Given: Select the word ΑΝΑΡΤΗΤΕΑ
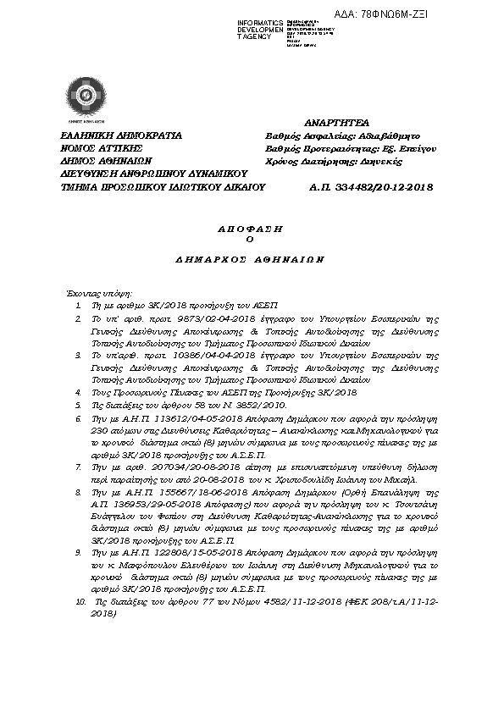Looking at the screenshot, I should tap(336, 123).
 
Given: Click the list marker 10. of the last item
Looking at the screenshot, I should tap(80, 600).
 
